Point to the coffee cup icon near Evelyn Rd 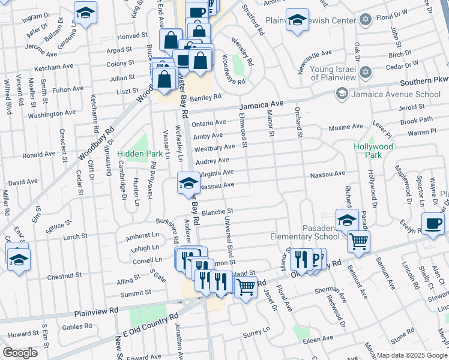[433, 224]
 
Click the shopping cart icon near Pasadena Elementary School [358, 241]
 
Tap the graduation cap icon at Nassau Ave [188, 183]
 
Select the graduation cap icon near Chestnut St [19, 259]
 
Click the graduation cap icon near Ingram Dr [85, 12]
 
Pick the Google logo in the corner [20, 353]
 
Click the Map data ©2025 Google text [411, 355]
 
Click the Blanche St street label [217, 212]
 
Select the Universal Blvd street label [228, 234]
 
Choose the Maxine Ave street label [346, 127]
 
